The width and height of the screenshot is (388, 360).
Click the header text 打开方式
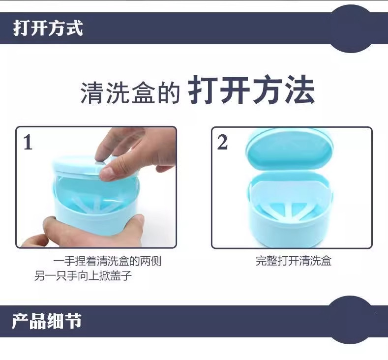(x=48, y=28)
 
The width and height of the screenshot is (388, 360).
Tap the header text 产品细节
(x=47, y=321)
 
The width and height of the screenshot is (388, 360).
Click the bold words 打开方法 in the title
(x=251, y=90)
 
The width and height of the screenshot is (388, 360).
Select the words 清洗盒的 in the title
(x=130, y=92)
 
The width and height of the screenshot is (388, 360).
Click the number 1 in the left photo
(x=28, y=142)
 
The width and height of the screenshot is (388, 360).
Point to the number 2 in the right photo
(x=222, y=142)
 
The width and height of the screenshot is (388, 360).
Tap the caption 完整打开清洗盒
(x=294, y=261)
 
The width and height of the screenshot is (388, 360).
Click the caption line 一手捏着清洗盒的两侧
(x=107, y=261)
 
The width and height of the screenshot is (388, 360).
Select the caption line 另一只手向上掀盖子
(x=83, y=275)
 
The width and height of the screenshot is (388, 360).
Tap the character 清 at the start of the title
(x=92, y=92)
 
